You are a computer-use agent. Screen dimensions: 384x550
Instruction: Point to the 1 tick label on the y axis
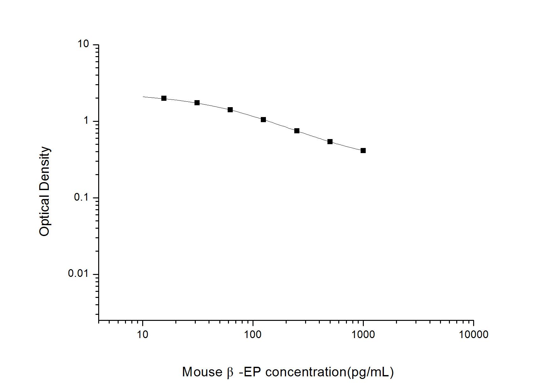coord(86,121)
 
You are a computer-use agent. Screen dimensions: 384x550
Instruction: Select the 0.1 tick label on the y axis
coord(81,197)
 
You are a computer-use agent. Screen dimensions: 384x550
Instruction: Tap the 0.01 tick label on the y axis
coord(78,274)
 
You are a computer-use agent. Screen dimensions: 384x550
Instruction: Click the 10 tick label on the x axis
coord(143,334)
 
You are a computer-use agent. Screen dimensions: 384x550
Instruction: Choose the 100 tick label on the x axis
coord(253,334)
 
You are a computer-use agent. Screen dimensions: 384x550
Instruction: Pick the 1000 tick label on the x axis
coord(363,334)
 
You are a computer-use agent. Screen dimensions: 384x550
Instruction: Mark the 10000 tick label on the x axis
coord(473,334)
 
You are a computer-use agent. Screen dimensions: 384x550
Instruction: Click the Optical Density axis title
coord(45,191)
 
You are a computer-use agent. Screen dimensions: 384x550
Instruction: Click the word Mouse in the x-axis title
coord(202,372)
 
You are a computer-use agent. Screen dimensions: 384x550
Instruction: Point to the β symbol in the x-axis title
coord(230,372)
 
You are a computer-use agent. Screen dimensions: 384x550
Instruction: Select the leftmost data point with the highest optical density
coord(164,98)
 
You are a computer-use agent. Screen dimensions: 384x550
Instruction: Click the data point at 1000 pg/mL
coord(363,151)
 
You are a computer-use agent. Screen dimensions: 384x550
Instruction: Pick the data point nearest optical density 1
coord(263,120)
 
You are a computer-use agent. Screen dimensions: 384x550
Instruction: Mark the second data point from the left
coord(197,103)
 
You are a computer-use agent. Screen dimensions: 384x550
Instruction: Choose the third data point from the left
coord(230,110)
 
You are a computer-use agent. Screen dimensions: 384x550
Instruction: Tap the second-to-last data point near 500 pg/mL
coord(330,142)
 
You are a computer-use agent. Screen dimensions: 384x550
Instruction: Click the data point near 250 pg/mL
coord(297,131)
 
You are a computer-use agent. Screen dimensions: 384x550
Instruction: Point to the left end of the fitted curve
coord(143,96)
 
